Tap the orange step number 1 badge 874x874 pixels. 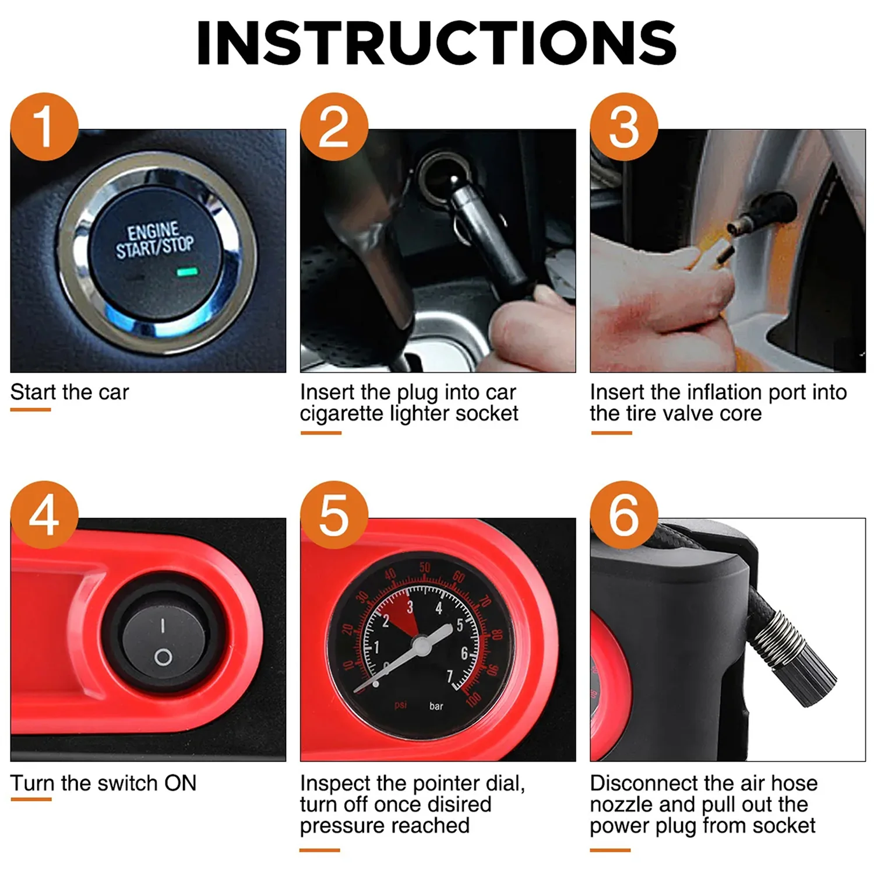pyautogui.click(x=44, y=126)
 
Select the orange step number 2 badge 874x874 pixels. pyautogui.click(x=334, y=126)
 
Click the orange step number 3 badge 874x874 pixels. pyautogui.click(x=624, y=126)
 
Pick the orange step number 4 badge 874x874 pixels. pyautogui.click(x=44, y=515)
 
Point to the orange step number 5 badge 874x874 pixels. pyautogui.click(x=334, y=515)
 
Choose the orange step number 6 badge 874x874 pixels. pyautogui.click(x=624, y=515)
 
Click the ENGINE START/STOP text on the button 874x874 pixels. pyautogui.click(x=154, y=239)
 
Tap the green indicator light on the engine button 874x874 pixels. pyautogui.click(x=188, y=272)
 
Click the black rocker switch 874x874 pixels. pyautogui.click(x=163, y=641)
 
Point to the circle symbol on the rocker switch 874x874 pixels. pyautogui.click(x=163, y=658)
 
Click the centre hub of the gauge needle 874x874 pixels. pyautogui.click(x=421, y=643)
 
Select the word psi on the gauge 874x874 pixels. pyautogui.click(x=400, y=705)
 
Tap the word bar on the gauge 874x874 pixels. pyautogui.click(x=436, y=706)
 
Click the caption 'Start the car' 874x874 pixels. pyautogui.click(x=69, y=392)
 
